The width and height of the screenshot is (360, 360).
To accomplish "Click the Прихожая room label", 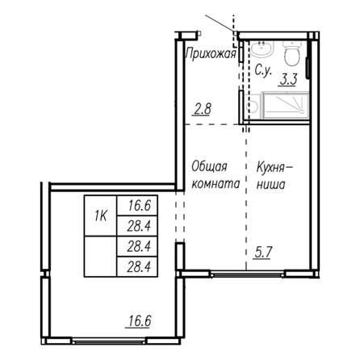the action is click(x=211, y=54).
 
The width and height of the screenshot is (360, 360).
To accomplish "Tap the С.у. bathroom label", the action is click(x=263, y=71).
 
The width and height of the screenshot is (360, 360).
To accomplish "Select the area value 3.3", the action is click(x=288, y=80).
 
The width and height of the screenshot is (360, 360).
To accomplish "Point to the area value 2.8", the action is click(x=202, y=110).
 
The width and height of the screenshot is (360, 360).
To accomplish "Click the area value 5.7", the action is click(x=262, y=253).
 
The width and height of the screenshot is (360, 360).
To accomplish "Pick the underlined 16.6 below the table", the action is click(x=139, y=321).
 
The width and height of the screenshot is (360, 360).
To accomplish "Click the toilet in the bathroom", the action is click(x=291, y=53).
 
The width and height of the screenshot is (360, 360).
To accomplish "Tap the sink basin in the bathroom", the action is click(x=262, y=49).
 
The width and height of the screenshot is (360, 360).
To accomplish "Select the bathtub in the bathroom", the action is click(x=286, y=105).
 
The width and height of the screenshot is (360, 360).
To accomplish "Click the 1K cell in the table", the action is click(x=100, y=216).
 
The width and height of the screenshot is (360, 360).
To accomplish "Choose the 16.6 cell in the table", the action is click(x=137, y=205).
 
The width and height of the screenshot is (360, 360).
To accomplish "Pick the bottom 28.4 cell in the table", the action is click(x=137, y=267).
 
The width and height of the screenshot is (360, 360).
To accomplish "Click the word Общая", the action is click(x=209, y=167).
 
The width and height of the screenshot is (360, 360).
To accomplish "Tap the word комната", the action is click(x=216, y=184).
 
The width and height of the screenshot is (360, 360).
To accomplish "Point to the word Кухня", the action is click(x=270, y=168).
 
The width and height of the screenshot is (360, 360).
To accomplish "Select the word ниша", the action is click(x=270, y=185).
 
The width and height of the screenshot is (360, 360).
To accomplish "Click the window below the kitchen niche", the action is click(x=247, y=274).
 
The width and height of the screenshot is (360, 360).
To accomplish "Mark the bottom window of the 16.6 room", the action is click(x=109, y=341).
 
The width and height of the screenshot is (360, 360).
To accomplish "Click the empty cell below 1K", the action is click(x=100, y=257).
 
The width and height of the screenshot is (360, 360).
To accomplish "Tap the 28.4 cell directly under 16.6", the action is click(x=137, y=226).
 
